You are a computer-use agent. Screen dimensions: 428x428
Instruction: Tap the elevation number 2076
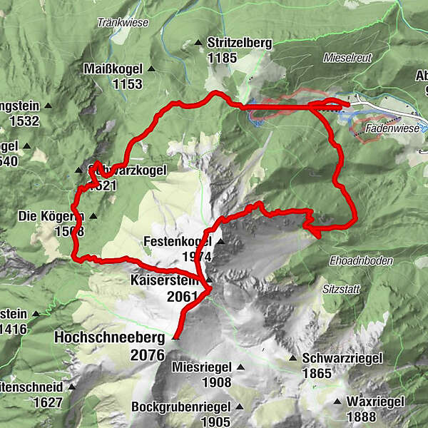tap(147, 355)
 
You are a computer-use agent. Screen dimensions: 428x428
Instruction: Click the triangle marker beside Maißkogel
tap(151, 69)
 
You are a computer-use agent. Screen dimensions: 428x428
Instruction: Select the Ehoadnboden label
tap(362, 261)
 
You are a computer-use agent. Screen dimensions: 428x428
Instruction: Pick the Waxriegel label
tap(371, 402)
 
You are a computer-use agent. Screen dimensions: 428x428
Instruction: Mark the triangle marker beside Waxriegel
tap(337, 402)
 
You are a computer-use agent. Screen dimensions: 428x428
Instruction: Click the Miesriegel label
tap(202, 367)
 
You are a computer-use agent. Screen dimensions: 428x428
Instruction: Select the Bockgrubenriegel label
tap(180, 407)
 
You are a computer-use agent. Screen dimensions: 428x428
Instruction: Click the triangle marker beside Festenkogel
tap(220, 242)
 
